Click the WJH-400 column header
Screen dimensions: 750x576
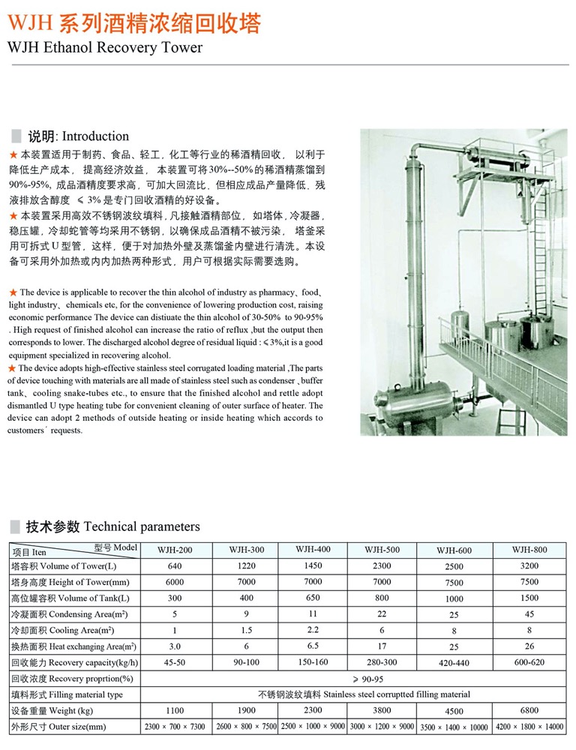point(313,548)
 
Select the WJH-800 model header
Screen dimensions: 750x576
point(529,549)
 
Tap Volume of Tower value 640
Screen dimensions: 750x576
point(175,566)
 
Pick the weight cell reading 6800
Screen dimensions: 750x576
point(529,710)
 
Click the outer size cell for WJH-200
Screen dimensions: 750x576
point(175,727)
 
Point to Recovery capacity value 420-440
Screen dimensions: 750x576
point(454,663)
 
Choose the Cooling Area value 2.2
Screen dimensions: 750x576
point(313,629)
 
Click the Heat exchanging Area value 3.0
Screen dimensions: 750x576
point(175,646)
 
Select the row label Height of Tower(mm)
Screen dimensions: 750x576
point(71,583)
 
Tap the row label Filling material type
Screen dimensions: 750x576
point(67,694)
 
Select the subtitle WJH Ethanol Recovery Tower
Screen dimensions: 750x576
point(104,47)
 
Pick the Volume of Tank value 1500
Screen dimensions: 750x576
point(529,598)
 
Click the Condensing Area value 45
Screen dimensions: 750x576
point(529,614)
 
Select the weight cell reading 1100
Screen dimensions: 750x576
point(175,710)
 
